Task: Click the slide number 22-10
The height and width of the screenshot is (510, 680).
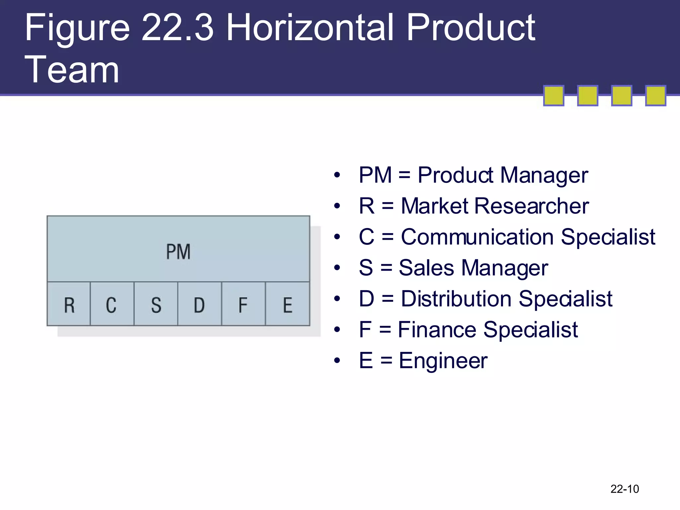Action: pyautogui.click(x=625, y=489)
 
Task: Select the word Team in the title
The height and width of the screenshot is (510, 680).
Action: pyautogui.click(x=72, y=70)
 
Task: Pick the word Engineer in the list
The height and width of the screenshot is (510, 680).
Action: pyautogui.click(x=443, y=361)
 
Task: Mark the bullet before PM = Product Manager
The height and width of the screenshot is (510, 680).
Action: pyautogui.click(x=337, y=175)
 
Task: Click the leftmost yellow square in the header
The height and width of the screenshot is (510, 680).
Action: pyautogui.click(x=553, y=96)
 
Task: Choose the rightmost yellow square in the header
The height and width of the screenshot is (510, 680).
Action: pyautogui.click(x=655, y=96)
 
